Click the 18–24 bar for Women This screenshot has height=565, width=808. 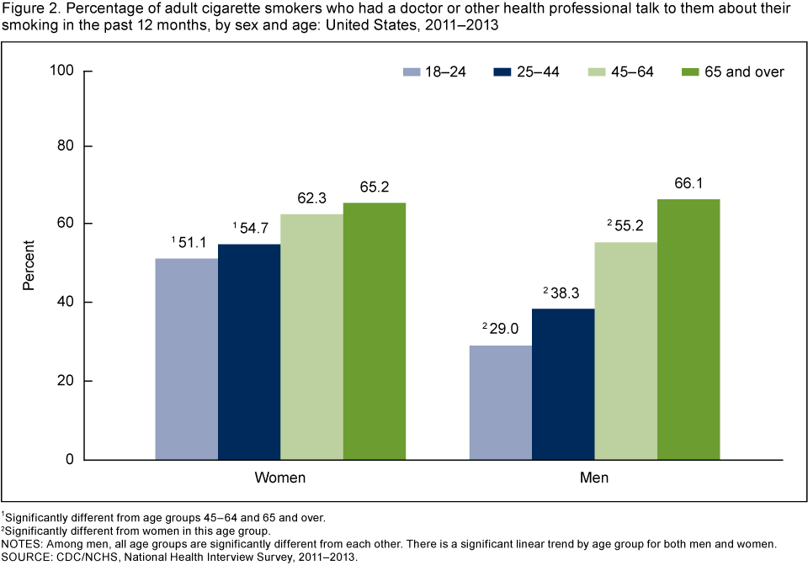click(x=186, y=359)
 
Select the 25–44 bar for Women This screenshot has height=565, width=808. click(x=249, y=352)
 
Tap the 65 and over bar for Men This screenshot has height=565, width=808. click(x=688, y=330)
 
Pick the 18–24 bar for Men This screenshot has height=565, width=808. click(x=500, y=403)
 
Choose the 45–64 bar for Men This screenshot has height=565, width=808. click(x=625, y=351)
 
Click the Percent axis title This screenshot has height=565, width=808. click(x=29, y=266)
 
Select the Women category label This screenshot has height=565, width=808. click(x=280, y=478)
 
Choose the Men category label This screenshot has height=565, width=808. click(x=594, y=478)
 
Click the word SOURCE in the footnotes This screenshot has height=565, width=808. click(x=26, y=556)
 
